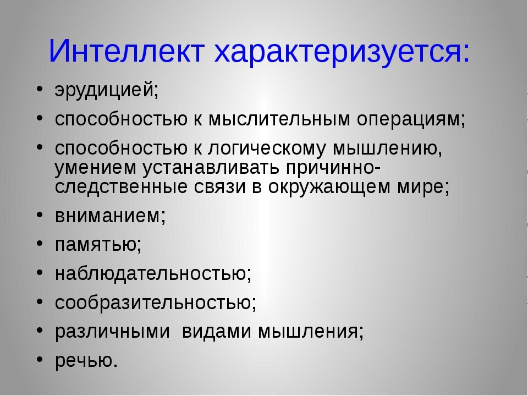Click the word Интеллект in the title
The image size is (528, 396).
click(127, 51)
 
